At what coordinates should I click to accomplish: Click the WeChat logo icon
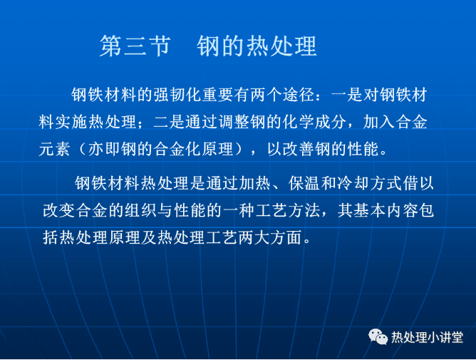(x=378, y=336)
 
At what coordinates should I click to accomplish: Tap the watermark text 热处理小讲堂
(x=427, y=337)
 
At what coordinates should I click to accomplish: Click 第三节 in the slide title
(x=135, y=46)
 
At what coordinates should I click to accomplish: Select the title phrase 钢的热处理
(x=257, y=46)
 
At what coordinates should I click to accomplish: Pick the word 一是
(x=347, y=95)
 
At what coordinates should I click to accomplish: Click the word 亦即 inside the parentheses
(x=105, y=149)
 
